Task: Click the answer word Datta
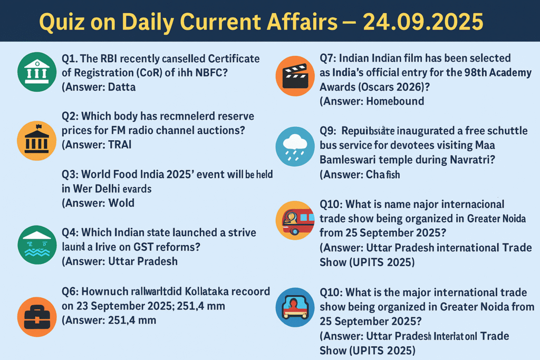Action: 122,87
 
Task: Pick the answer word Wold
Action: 121,202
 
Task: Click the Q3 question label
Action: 69,174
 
